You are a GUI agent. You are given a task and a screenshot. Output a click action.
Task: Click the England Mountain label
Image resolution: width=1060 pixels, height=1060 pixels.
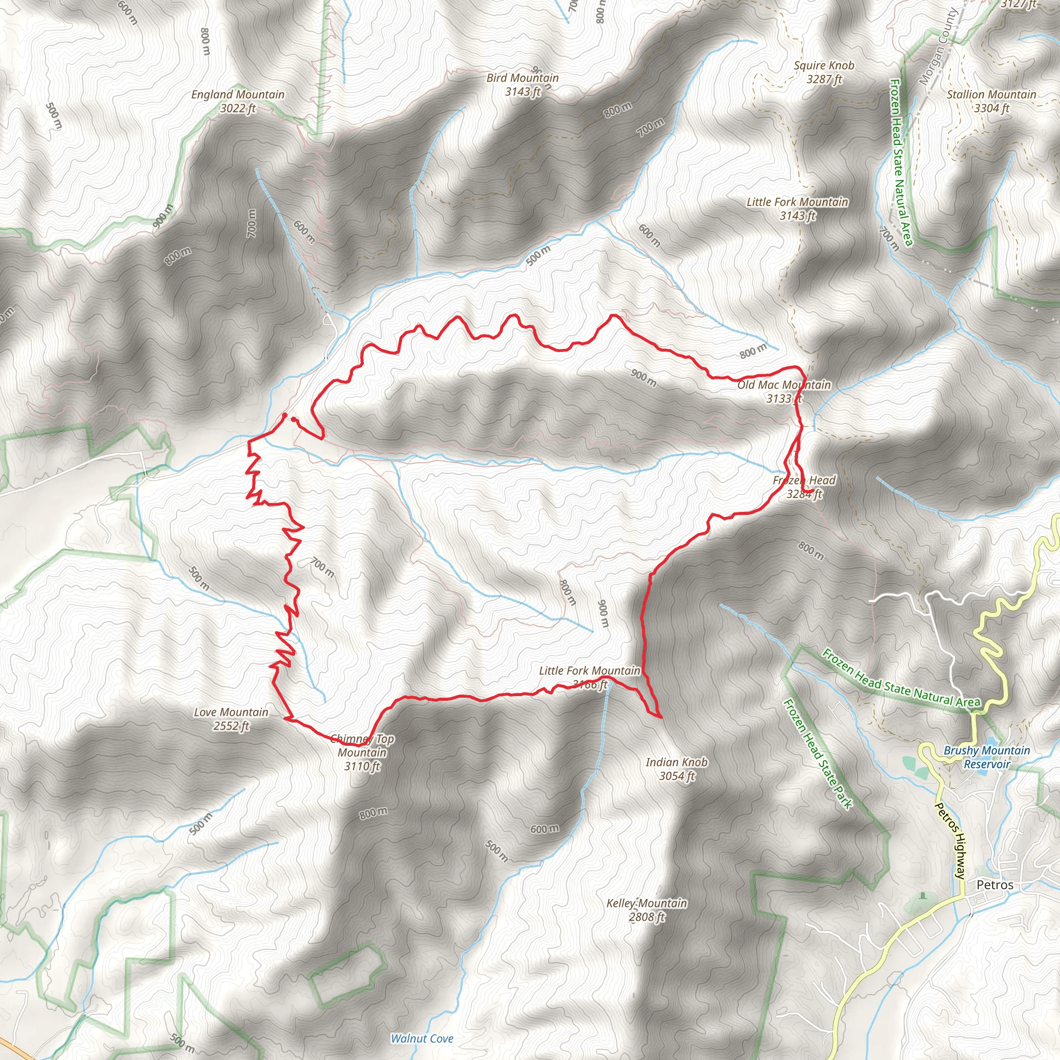(x=238, y=101)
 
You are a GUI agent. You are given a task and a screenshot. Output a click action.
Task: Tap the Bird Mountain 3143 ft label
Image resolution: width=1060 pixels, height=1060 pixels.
(x=522, y=85)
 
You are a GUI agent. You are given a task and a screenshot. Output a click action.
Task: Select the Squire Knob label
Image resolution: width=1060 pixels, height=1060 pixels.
(x=823, y=72)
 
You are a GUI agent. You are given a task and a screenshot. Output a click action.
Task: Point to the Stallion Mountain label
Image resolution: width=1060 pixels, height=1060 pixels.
(x=991, y=101)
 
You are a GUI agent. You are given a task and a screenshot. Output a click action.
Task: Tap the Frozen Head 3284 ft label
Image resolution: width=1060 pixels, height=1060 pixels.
(x=804, y=487)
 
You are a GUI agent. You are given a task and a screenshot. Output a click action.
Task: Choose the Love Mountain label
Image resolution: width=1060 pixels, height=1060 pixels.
(x=231, y=719)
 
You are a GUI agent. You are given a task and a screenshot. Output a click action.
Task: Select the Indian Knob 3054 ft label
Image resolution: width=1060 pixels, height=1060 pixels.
(x=676, y=769)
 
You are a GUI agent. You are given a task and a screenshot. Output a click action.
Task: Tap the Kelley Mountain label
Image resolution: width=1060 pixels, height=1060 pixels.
(x=646, y=910)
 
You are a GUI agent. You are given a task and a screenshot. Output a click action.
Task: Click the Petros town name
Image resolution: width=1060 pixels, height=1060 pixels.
(x=995, y=885)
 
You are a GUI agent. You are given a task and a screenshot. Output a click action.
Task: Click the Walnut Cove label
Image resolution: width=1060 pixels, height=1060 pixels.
(x=422, y=1039)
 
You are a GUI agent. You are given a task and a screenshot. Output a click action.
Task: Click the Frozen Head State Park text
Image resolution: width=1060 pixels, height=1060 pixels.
(x=818, y=754)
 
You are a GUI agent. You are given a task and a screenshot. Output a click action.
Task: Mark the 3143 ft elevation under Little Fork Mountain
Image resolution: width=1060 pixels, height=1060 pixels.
(x=797, y=216)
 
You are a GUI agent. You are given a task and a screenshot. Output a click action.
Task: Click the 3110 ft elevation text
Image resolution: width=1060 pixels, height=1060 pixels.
(x=362, y=767)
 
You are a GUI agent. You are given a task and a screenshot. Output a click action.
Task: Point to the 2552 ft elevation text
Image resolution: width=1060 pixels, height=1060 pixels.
(x=231, y=726)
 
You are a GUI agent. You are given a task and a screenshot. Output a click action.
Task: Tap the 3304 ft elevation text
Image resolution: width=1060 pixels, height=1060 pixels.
(x=991, y=109)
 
